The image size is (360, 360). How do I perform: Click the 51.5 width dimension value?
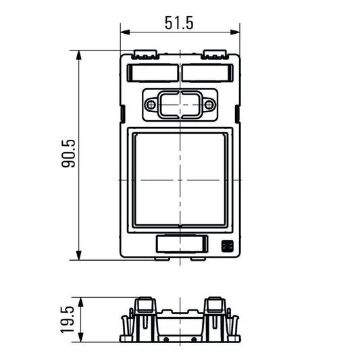point(179,22)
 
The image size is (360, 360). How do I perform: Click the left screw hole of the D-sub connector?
point(151,105)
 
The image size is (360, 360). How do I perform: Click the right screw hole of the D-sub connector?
point(209,105)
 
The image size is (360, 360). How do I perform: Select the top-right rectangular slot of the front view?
point(208,72)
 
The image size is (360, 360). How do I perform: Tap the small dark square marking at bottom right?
point(226,246)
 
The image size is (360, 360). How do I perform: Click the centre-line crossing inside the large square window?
point(180,180)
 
